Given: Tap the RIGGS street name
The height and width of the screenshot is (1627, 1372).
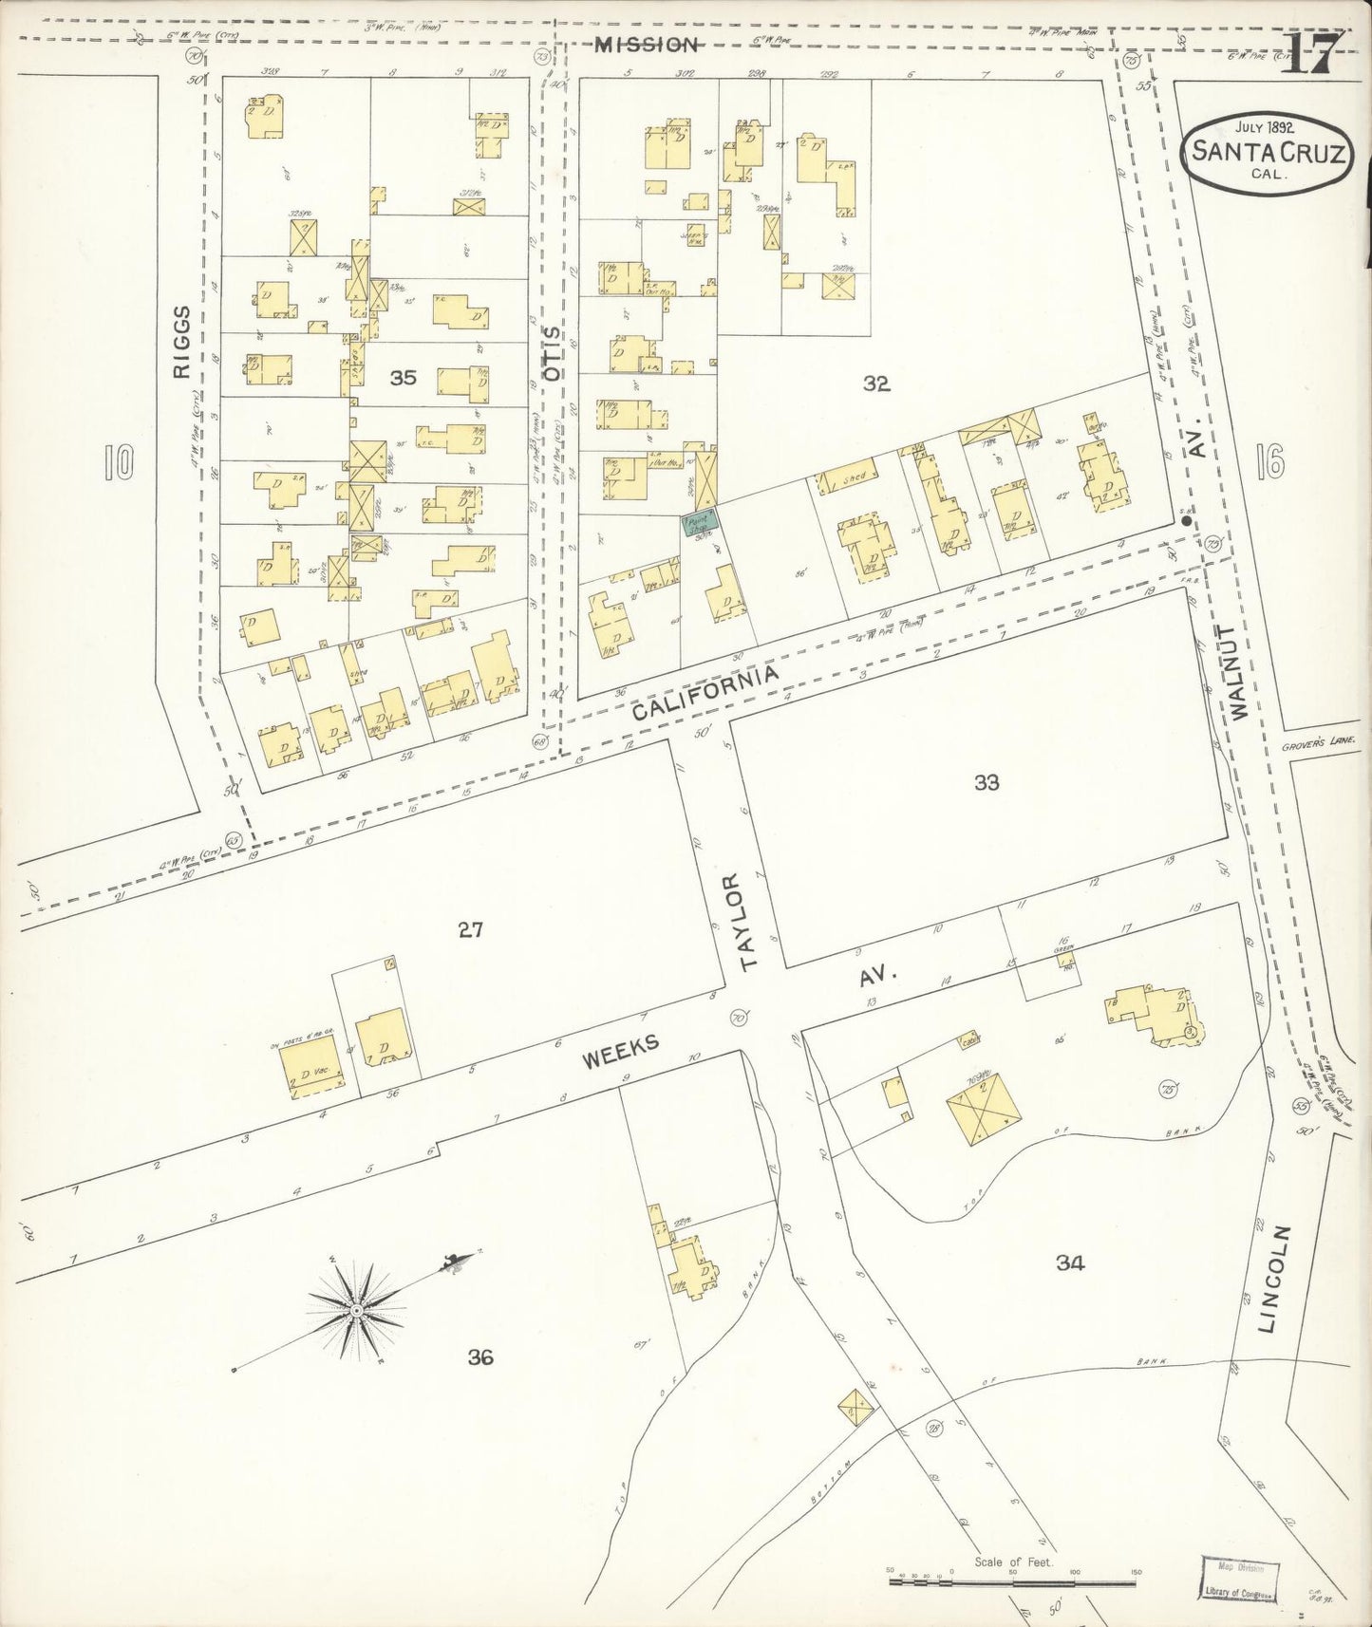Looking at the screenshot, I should (x=183, y=343).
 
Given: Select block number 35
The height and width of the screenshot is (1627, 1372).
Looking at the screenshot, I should (x=404, y=378).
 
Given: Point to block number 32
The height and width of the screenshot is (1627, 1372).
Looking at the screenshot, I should (x=875, y=383).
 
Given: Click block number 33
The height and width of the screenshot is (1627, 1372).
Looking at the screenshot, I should (x=987, y=782).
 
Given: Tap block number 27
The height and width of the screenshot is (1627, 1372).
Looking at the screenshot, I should (x=471, y=930).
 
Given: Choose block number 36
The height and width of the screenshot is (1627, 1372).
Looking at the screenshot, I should (x=480, y=1357).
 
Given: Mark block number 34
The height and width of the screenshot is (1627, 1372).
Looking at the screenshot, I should (x=1069, y=1262).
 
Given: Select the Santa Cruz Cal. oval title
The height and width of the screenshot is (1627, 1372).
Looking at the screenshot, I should (x=1268, y=152).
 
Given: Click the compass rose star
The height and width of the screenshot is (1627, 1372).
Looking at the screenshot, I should (x=355, y=1310).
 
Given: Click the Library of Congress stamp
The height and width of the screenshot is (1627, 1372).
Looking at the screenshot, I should (x=1240, y=1577).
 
